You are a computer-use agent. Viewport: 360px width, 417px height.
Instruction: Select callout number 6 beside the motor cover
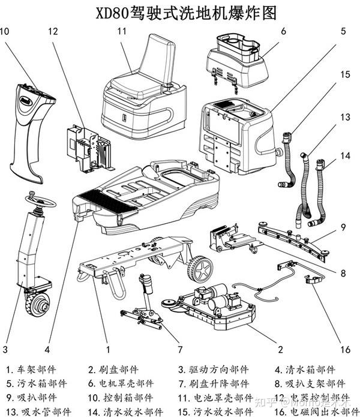283,30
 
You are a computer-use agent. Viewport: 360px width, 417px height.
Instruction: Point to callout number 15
344,74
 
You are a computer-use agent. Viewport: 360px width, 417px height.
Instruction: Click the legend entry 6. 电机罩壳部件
120,384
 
